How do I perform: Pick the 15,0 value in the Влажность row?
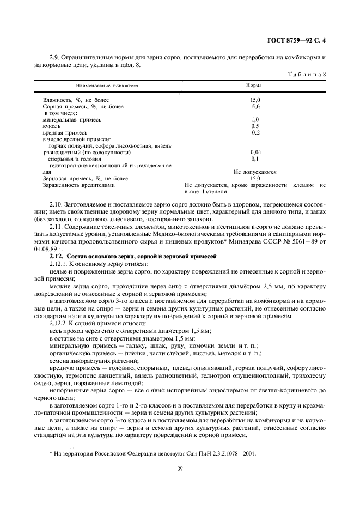point(255,100)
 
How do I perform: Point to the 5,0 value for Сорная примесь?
point(255,107)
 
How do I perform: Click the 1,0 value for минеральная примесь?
point(255,119)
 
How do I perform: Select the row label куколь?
point(52,126)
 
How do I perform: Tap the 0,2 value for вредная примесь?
point(255,132)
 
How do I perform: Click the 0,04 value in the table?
point(255,152)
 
